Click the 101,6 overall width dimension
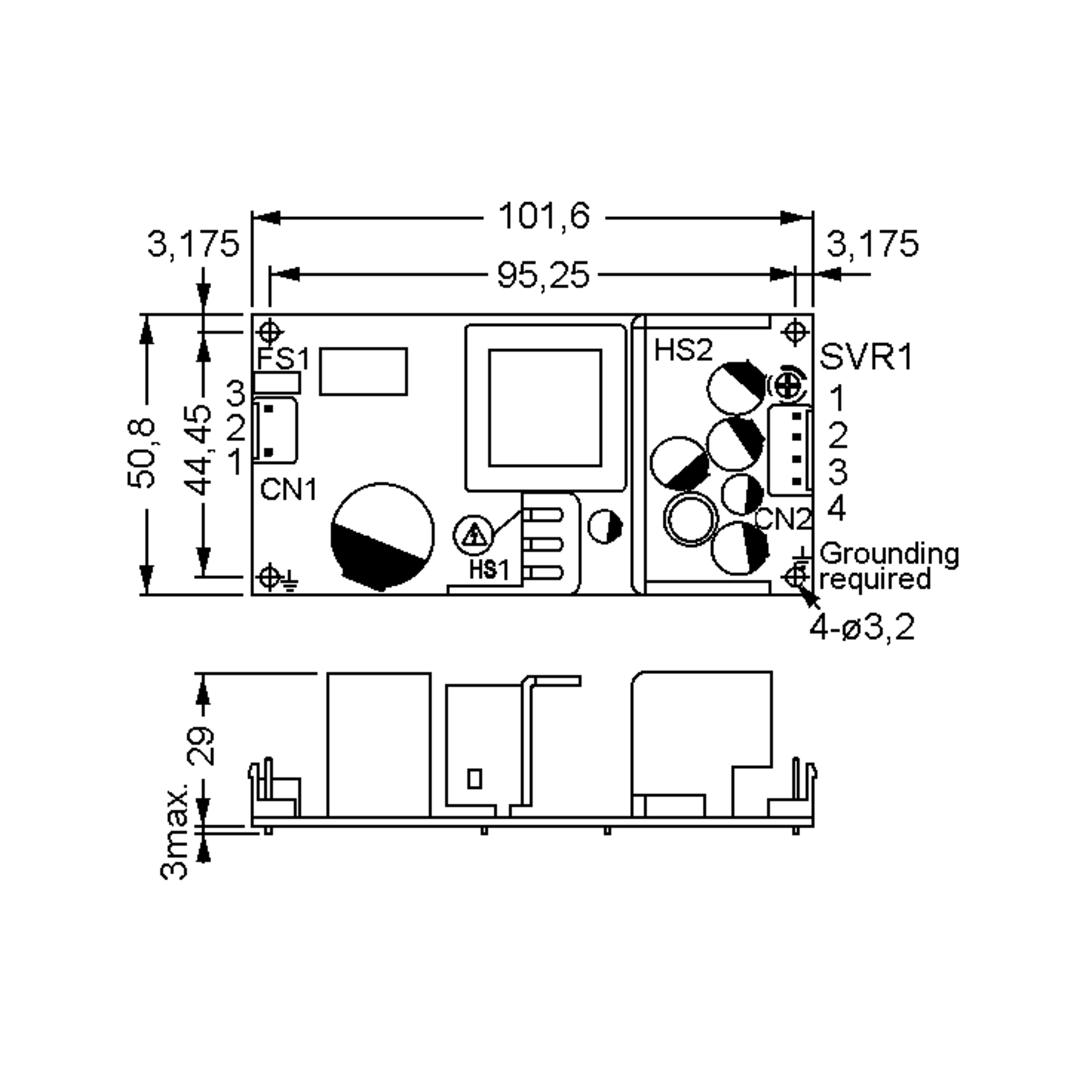point(543,216)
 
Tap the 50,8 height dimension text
point(141,453)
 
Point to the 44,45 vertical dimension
point(199,450)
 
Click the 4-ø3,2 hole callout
point(862,627)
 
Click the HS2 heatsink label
point(683,351)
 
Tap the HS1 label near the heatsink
point(489,571)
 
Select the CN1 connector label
point(288,490)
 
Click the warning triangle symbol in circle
point(474,534)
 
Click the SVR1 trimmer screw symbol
point(787,386)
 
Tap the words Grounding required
point(888,567)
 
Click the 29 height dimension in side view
point(200,745)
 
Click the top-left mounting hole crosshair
point(270,332)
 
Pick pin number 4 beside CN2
point(836,509)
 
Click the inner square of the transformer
point(545,408)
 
